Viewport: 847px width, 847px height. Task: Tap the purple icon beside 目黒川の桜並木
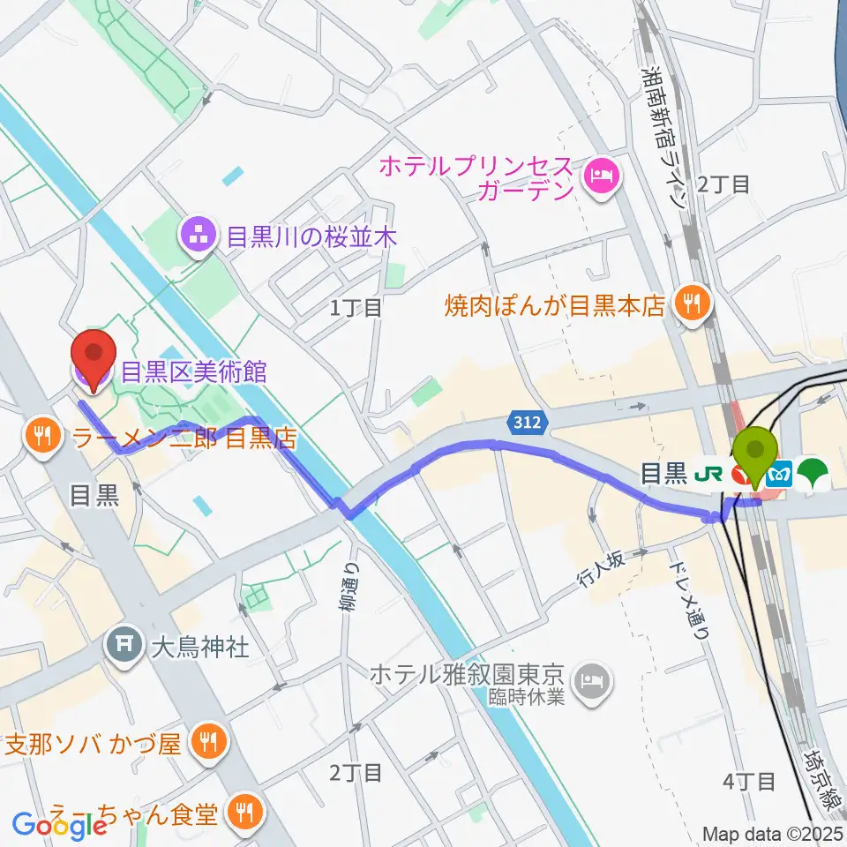click(x=194, y=236)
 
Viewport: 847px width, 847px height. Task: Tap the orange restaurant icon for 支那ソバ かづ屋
click(x=208, y=742)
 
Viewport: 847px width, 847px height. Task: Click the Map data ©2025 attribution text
click(x=773, y=833)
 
